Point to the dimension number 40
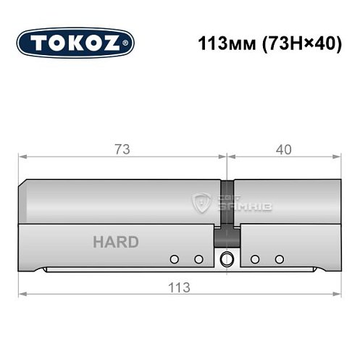tap(283, 150)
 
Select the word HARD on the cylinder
tap(115, 242)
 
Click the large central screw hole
tap(227, 258)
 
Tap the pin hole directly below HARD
tap(174, 258)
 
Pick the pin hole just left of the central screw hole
tap(197, 258)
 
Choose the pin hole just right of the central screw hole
tap(255, 258)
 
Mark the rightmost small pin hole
tap(278, 258)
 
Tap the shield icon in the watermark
tap(204, 203)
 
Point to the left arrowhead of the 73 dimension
tap(22, 156)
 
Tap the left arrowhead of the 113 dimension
tap(22, 294)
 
